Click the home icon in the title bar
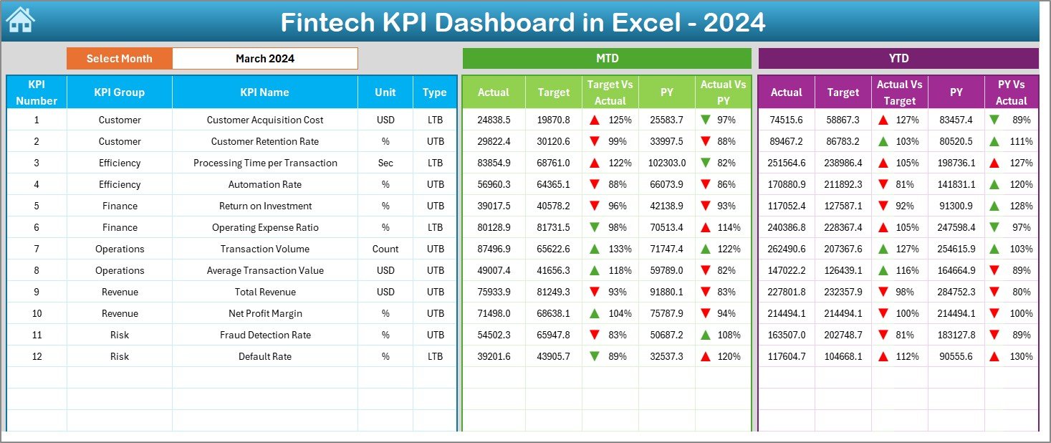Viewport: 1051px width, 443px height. tap(19, 20)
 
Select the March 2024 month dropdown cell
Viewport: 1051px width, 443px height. tap(265, 59)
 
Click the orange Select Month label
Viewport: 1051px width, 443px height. tap(119, 59)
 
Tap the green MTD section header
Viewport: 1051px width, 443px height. tap(607, 58)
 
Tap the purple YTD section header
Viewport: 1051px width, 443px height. tap(898, 58)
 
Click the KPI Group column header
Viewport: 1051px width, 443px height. tap(119, 92)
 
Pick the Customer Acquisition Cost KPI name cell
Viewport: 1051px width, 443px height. tap(265, 120)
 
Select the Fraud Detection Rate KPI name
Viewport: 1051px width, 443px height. tap(265, 335)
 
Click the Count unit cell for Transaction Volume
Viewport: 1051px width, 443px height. tap(385, 249)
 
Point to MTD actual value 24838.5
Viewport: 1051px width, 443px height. tap(494, 120)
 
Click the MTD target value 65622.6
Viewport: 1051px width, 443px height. tap(553, 249)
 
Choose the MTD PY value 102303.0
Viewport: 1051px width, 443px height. tap(666, 163)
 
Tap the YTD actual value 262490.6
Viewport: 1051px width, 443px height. tap(786, 249)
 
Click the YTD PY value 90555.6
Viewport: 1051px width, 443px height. tap(956, 356)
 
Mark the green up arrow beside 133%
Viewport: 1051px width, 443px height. tap(595, 249)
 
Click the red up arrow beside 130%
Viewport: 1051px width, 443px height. tap(994, 356)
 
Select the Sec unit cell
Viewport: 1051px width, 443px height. tap(385, 163)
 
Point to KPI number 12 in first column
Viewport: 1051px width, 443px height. tap(37, 356)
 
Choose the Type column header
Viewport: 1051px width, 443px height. tap(434, 92)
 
